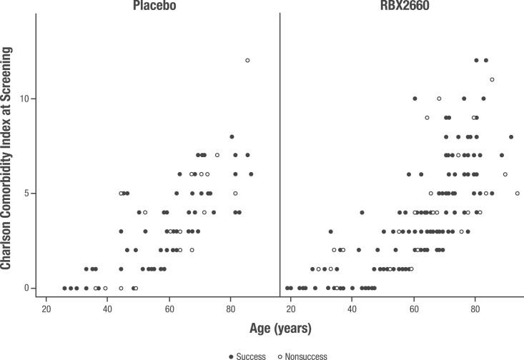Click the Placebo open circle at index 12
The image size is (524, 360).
[x=247, y=61]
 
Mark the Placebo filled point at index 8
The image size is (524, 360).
[x=232, y=136]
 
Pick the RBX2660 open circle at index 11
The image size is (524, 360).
[x=492, y=79]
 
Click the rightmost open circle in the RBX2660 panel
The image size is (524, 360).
[x=517, y=194]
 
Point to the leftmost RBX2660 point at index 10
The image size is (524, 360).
[x=415, y=99]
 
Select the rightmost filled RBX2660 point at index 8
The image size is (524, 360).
[x=511, y=136]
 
